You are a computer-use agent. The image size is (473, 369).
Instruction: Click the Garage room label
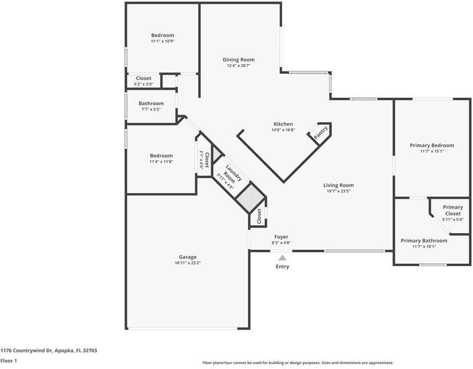click(188, 257)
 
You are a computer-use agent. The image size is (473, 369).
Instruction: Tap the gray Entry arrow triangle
click(282, 258)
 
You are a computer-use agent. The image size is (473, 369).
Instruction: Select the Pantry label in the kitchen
click(321, 133)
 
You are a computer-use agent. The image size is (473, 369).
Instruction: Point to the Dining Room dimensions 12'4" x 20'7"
click(238, 65)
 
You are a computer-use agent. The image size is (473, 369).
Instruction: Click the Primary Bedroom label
click(432, 146)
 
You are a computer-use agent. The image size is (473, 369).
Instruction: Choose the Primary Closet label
click(453, 210)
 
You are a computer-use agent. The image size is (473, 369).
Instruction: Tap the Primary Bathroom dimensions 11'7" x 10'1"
click(424, 247)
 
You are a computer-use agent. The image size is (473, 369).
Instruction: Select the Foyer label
click(281, 237)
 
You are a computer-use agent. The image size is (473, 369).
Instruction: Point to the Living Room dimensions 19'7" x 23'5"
click(339, 191)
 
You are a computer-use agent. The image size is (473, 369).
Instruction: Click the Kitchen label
click(283, 124)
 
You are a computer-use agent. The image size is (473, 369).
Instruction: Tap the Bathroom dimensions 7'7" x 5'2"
click(151, 109)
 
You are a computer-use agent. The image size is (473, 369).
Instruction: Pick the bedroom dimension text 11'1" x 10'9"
click(163, 41)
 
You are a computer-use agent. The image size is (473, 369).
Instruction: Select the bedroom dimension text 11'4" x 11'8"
click(161, 162)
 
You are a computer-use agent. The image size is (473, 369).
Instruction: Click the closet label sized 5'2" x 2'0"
click(144, 78)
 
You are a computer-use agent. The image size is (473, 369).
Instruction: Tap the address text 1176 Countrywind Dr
click(27, 351)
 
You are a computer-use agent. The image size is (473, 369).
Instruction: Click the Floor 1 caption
click(9, 360)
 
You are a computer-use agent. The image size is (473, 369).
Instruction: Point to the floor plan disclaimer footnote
click(297, 363)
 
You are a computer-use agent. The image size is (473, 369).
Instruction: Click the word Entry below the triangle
click(282, 266)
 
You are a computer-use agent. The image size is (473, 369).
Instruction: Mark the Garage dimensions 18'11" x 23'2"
click(188, 263)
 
